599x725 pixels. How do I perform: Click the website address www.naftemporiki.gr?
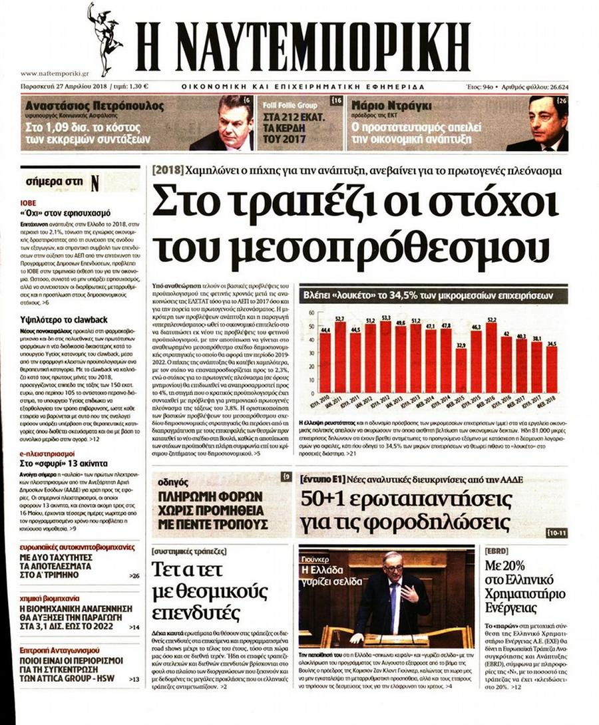[55, 74]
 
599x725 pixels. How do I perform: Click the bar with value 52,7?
[340, 358]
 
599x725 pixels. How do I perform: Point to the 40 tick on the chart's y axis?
[309, 341]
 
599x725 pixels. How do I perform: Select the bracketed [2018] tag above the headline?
[164, 170]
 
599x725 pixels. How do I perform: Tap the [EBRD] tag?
[498, 551]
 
